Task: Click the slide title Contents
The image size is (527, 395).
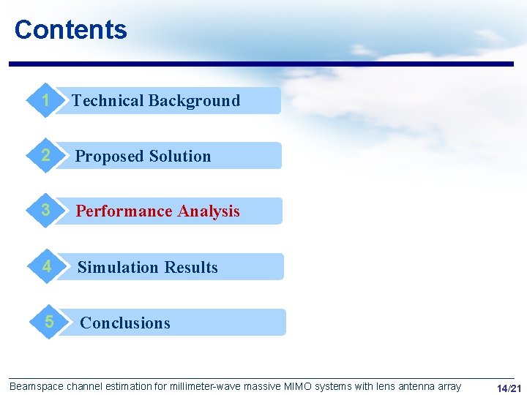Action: pyautogui.click(x=70, y=30)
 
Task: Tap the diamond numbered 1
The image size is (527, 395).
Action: pyautogui.click(x=45, y=100)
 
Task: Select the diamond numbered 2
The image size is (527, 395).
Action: pyautogui.click(x=45, y=156)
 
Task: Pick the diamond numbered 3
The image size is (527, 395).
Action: pyautogui.click(x=45, y=211)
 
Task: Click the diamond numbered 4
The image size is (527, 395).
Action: pyautogui.click(x=47, y=267)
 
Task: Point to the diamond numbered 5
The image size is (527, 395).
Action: pyautogui.click(x=48, y=322)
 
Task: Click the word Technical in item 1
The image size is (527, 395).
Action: pyautogui.click(x=107, y=101)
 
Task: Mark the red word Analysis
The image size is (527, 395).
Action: pyautogui.click(x=207, y=211)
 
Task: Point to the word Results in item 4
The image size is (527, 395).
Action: pyautogui.click(x=192, y=268)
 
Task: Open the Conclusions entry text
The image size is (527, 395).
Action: pyautogui.click(x=125, y=323)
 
